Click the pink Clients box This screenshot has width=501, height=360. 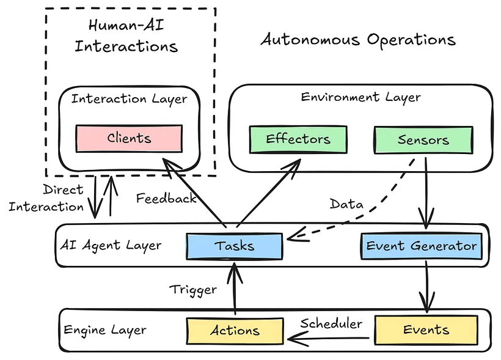pos(129,139)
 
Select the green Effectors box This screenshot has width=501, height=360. pos(298,139)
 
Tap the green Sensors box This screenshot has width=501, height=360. pos(423,140)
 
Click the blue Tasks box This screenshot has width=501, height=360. pos(234,246)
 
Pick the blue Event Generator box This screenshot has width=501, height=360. pos(421,246)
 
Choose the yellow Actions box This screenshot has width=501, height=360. pos(235,331)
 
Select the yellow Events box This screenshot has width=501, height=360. pos(426,330)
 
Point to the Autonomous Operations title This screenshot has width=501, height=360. pos(358,40)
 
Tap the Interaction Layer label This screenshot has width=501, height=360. pos(129,98)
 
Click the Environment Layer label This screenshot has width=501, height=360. pos(360,97)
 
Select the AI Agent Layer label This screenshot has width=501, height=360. pos(111,246)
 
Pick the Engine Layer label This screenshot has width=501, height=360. pos(105,330)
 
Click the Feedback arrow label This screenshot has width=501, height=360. pos(166,198)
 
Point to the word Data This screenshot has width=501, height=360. pos(346,204)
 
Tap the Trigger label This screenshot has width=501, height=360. pos(193,289)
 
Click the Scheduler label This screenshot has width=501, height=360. pos(331,323)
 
